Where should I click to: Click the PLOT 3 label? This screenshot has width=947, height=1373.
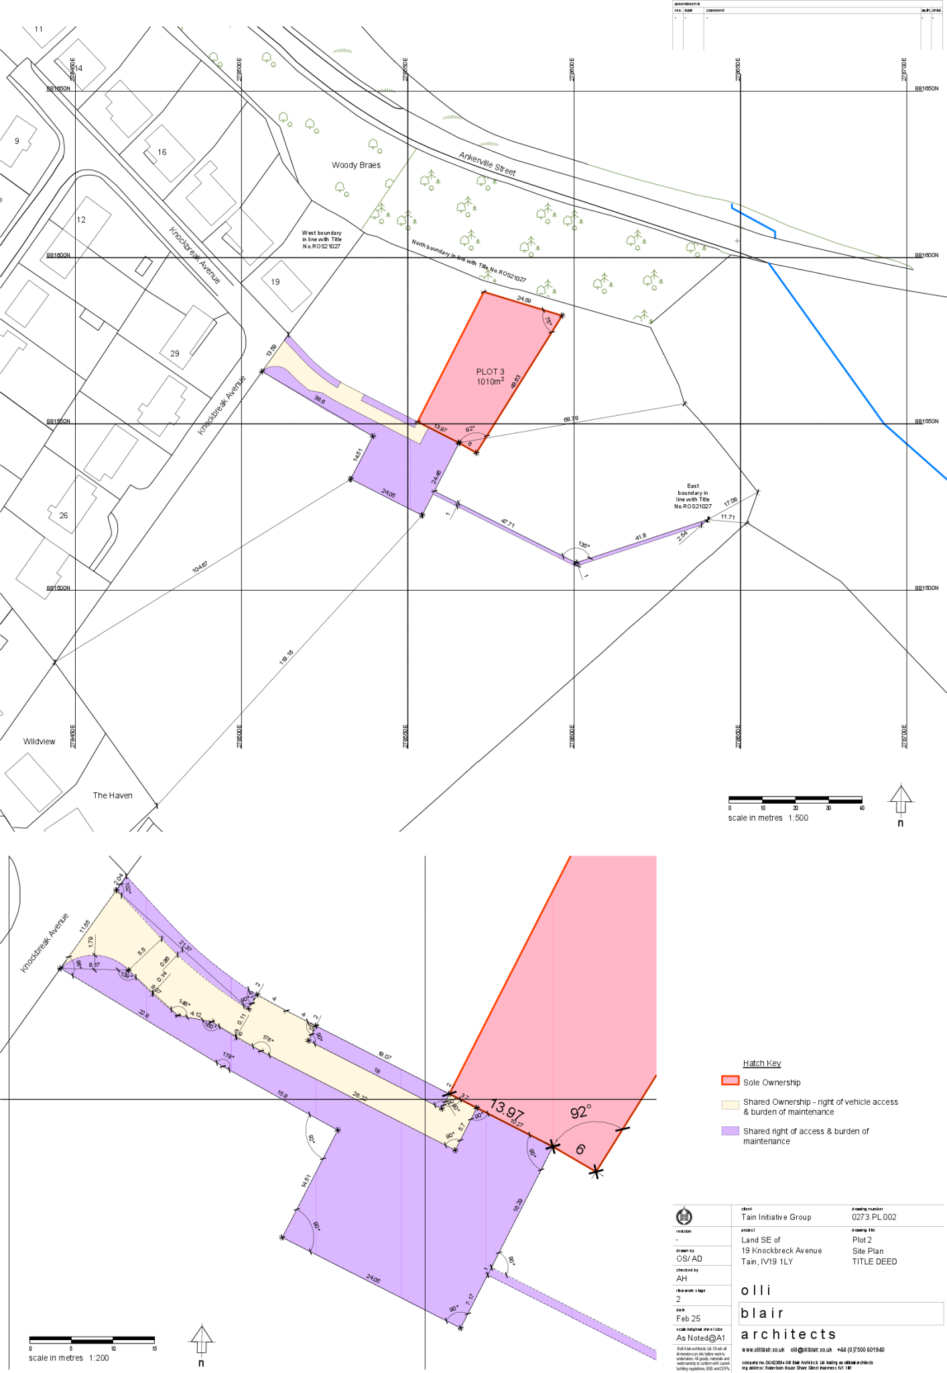(490, 371)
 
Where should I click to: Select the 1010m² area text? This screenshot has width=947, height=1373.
(490, 381)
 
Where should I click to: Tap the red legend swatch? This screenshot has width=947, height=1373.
(730, 1080)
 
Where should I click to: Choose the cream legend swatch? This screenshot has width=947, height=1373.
(730, 1105)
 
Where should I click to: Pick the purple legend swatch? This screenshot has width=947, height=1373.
(730, 1130)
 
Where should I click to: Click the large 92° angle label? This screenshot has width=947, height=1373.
(580, 1112)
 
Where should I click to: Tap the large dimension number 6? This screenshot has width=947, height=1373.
(580, 1148)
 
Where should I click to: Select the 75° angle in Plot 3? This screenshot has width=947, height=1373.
(548, 322)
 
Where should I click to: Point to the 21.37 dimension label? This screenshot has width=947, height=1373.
(186, 947)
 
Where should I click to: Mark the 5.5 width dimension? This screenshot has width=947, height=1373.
(141, 951)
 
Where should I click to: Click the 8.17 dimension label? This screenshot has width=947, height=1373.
(94, 965)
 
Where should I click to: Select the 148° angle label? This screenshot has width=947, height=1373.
(184, 1003)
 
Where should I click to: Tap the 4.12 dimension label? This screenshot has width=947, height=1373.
(196, 1014)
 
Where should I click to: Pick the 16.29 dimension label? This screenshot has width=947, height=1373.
(517, 1205)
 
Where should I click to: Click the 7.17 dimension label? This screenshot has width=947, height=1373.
(470, 1299)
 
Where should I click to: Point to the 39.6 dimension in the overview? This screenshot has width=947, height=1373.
(319, 400)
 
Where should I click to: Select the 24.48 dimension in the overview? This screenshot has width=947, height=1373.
(437, 477)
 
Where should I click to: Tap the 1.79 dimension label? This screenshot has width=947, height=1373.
(90, 941)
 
